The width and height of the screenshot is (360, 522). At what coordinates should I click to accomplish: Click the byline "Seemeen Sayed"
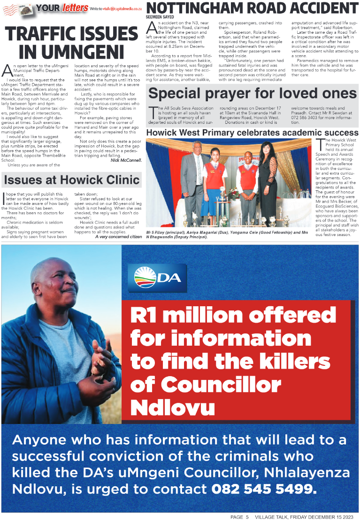coord(162,17)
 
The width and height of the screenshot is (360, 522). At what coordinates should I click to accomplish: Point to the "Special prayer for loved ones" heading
coord(252,93)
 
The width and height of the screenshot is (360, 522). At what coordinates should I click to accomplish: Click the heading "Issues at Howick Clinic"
coord(71,179)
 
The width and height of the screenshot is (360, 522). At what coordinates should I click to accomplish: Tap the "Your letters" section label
coord(62,8)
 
